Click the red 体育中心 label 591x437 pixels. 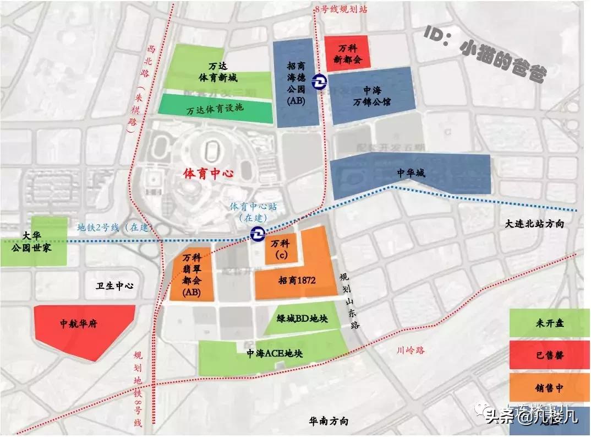[x=208, y=174]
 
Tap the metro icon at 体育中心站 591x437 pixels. [x=256, y=234]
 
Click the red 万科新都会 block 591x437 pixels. [x=346, y=54]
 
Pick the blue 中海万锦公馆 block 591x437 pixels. [x=372, y=95]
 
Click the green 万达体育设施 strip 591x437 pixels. [x=216, y=108]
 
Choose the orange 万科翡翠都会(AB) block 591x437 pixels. [x=191, y=274]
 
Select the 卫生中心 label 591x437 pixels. [x=115, y=286]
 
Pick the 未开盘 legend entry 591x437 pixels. [x=549, y=323]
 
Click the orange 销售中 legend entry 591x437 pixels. [x=549, y=388]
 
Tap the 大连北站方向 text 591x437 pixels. [x=534, y=224]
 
